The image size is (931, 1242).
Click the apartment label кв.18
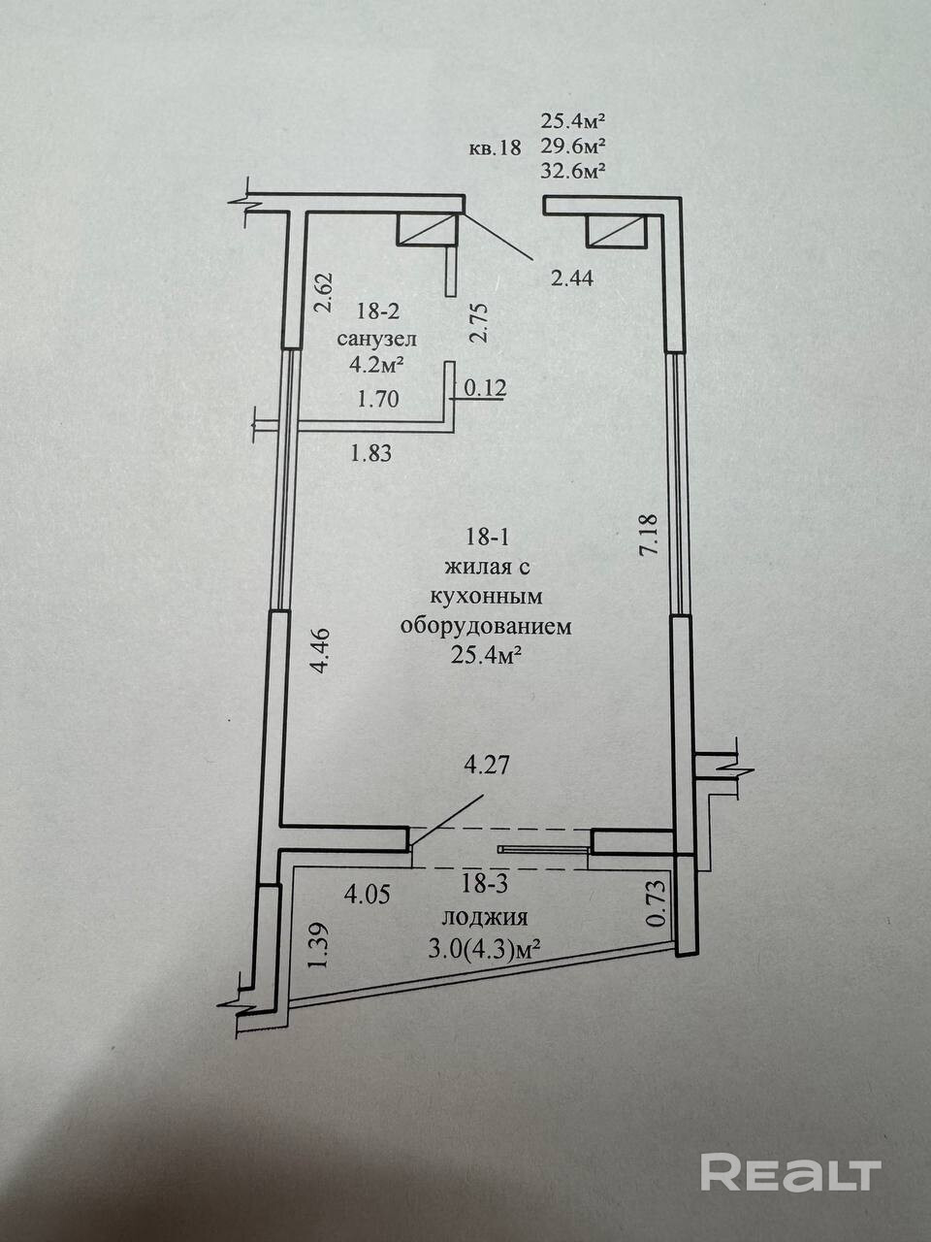click(x=495, y=148)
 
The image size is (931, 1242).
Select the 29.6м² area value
click(x=573, y=147)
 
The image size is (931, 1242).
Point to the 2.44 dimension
click(x=572, y=278)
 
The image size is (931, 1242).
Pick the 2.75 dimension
click(x=478, y=322)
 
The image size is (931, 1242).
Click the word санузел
click(x=377, y=339)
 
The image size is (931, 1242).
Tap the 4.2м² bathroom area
click(x=377, y=365)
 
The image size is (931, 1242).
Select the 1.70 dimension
click(x=378, y=398)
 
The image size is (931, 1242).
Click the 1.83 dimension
click(x=372, y=452)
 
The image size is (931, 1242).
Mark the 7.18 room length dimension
click(x=650, y=534)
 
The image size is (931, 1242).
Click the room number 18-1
click(x=488, y=537)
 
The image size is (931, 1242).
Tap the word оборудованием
click(x=487, y=626)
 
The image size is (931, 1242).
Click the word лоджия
click(x=485, y=918)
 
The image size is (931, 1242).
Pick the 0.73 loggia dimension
click(x=657, y=901)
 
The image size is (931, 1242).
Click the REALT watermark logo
click(x=789, y=1173)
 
